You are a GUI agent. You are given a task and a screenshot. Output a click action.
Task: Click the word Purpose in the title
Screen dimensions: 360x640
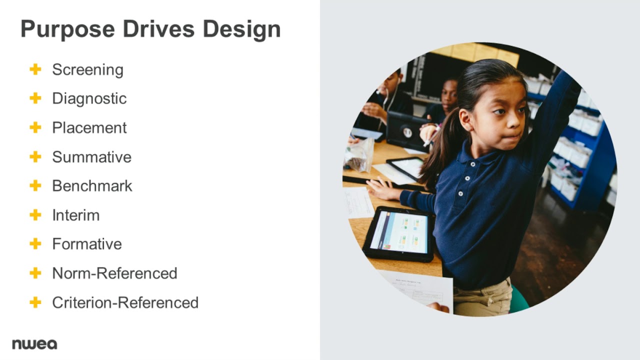(65, 29)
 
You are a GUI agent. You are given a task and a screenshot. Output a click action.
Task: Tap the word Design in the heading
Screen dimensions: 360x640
(241, 29)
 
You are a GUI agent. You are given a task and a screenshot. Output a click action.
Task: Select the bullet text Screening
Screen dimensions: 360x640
(87, 69)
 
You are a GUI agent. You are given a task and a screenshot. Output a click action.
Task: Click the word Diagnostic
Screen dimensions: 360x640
(89, 98)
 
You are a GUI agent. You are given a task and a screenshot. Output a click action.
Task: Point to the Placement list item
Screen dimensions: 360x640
(89, 127)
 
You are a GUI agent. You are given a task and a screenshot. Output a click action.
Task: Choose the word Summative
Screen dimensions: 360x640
(91, 157)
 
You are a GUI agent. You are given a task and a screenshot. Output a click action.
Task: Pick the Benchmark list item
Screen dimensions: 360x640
(92, 186)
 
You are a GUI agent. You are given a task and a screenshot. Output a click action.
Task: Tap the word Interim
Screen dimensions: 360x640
(75, 215)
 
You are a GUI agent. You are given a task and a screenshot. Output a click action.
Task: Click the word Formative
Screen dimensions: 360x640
(86, 244)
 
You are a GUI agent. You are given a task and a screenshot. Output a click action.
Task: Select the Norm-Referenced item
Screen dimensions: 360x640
(114, 273)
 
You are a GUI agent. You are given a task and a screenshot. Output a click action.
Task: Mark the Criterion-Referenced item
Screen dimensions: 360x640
(125, 302)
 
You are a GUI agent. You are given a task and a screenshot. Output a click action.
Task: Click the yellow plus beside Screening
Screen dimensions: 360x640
(35, 69)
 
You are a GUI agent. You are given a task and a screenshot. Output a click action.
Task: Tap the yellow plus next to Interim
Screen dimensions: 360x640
(35, 215)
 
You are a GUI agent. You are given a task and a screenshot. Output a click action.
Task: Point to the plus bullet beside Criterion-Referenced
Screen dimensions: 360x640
(35, 302)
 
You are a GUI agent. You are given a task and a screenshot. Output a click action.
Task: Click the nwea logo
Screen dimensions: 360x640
(34, 344)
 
